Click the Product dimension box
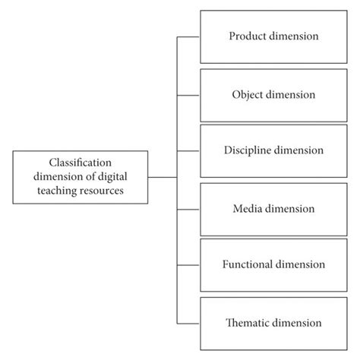pyautogui.click(x=273, y=36)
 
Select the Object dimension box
pyautogui.click(x=273, y=94)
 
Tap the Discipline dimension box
pyautogui.click(x=273, y=150)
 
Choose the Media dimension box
pyautogui.click(x=273, y=207)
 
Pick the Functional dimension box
pyautogui.click(x=273, y=264)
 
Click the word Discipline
pyautogui.click(x=244, y=150)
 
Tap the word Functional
pyautogui.click(x=245, y=264)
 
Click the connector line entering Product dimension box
pyautogui.click(x=188, y=36)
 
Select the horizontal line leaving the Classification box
pyautogui.click(x=162, y=177)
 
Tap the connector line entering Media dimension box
pyautogui.click(x=188, y=207)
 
